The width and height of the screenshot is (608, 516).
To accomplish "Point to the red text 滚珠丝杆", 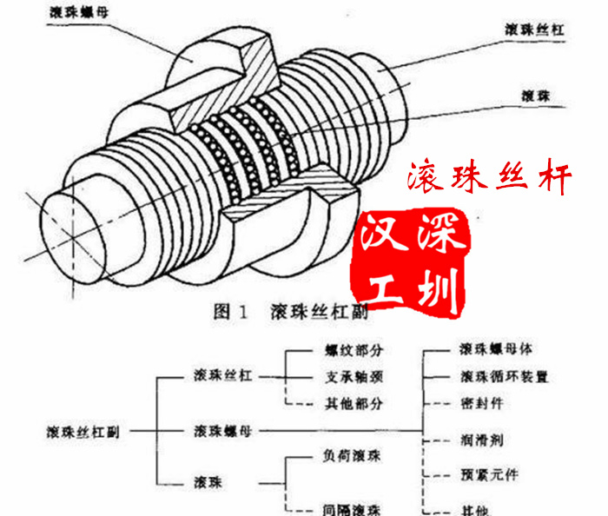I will point(490,180).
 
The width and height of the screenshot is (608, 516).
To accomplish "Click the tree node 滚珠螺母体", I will point(496,351).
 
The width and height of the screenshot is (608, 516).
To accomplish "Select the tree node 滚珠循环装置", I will point(504,378).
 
